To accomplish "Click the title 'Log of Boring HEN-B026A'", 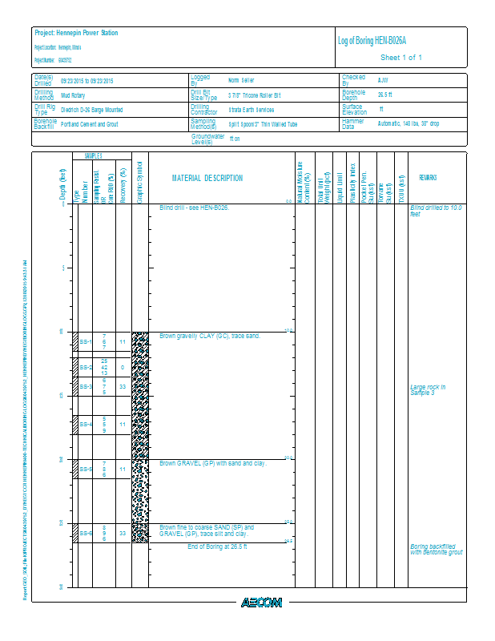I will [x=377, y=41].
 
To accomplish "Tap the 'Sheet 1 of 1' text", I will [x=400, y=58].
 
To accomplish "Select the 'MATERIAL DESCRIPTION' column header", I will [x=207, y=178].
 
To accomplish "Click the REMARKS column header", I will [x=427, y=178].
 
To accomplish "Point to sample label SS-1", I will [x=86, y=342].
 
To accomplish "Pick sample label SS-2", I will [x=86, y=367].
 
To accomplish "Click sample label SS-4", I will [x=86, y=424].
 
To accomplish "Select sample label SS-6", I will [x=86, y=533].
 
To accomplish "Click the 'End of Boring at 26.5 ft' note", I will [x=218, y=546].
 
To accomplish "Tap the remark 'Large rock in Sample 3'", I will [x=427, y=389].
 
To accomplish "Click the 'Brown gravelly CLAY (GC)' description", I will [x=210, y=336].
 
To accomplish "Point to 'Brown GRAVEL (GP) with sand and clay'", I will [x=213, y=463].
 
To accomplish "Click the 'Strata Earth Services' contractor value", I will [x=252, y=110].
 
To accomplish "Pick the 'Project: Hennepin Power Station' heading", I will [x=76, y=33].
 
